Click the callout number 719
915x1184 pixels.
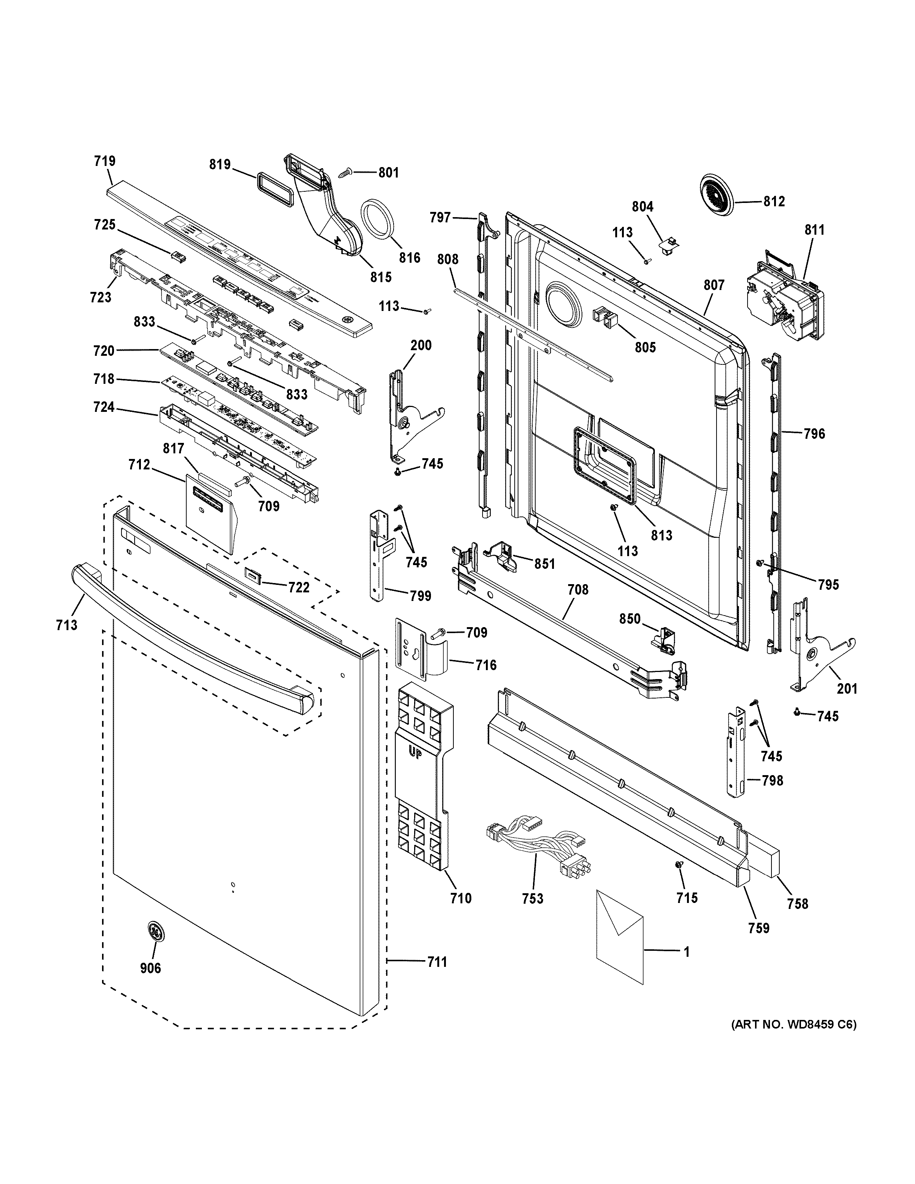pyautogui.click(x=105, y=161)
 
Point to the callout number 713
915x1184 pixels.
pyautogui.click(x=67, y=625)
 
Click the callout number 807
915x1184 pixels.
pyautogui.click(x=714, y=285)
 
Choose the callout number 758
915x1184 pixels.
pyautogui.click(x=797, y=903)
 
